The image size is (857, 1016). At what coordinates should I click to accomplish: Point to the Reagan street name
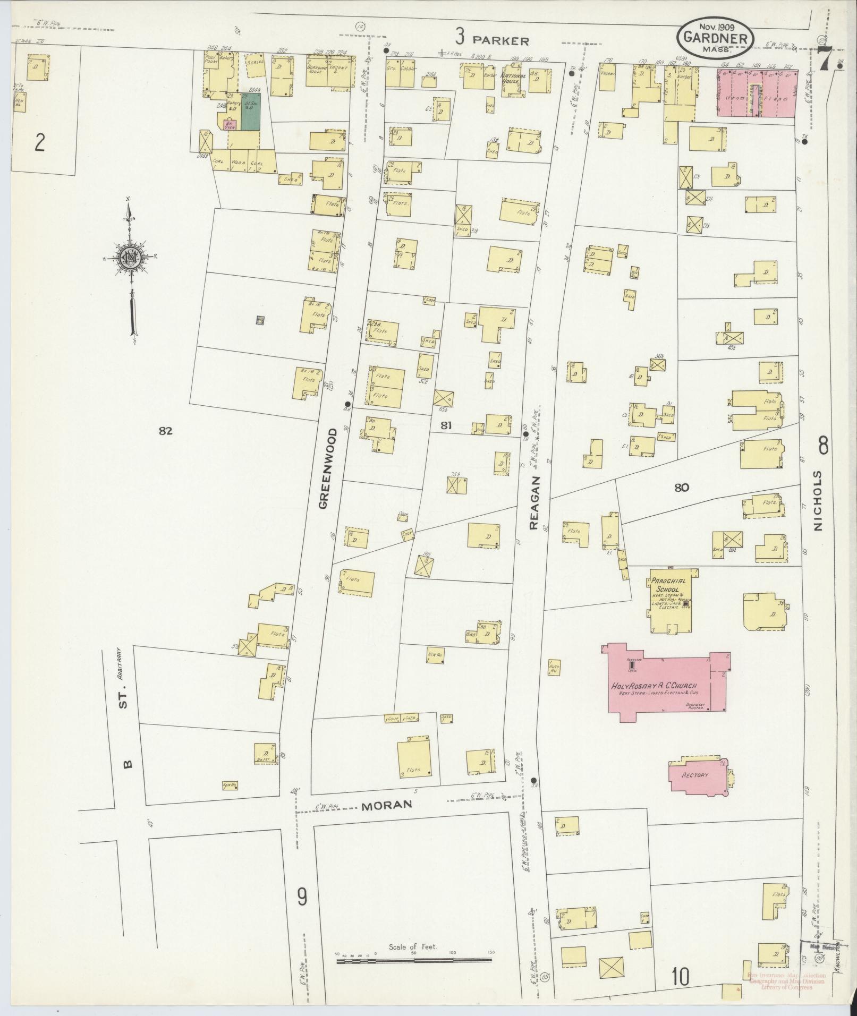point(534,502)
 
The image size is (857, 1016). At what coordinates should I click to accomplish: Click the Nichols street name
point(817,500)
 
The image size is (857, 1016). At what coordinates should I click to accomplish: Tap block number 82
point(166,431)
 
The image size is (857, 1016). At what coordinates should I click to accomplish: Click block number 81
point(445,424)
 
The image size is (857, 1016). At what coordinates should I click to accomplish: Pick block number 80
point(682,487)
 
